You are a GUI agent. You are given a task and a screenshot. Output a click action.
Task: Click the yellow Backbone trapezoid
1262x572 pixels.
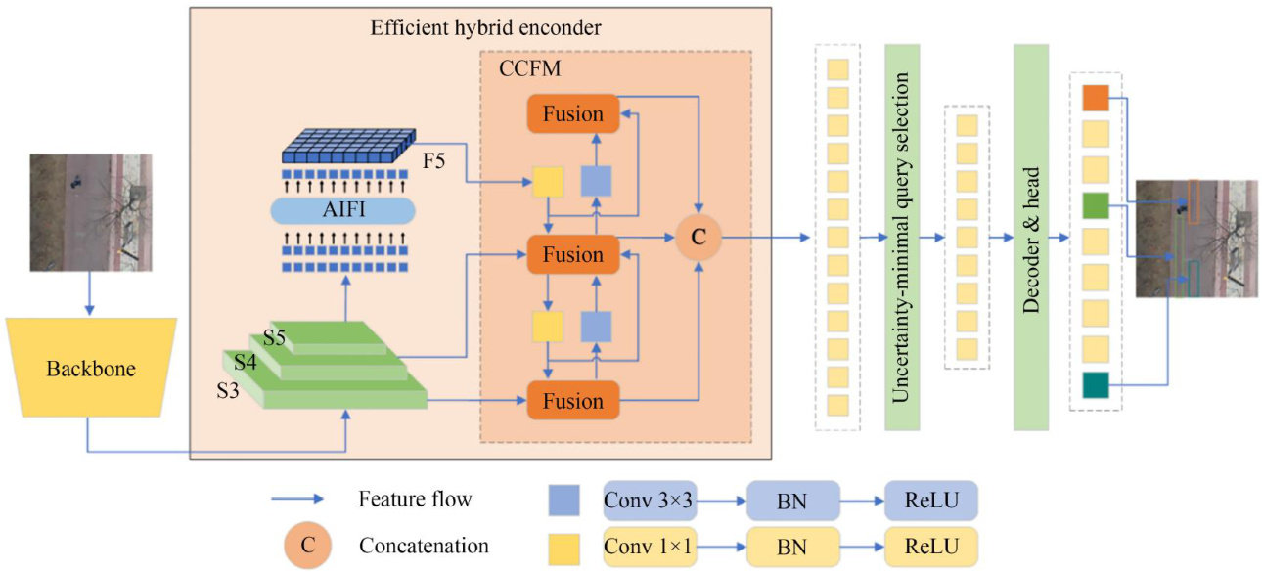pos(90,369)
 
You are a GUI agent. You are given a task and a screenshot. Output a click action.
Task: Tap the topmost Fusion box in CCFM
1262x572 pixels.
pos(573,113)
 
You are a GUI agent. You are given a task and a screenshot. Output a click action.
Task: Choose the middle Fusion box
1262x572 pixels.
pos(573,254)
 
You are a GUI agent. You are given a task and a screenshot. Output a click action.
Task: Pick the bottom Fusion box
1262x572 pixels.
pos(573,401)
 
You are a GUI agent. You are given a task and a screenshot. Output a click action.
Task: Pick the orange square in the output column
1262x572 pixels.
pos(1096,97)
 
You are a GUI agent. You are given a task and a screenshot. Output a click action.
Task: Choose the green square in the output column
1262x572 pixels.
pos(1096,205)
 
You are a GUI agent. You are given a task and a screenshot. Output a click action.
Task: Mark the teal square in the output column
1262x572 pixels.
pos(1096,385)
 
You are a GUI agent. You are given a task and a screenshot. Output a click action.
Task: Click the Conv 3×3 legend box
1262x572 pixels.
pos(650,500)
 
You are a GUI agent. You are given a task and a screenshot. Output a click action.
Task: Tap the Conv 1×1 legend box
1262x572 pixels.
pos(650,544)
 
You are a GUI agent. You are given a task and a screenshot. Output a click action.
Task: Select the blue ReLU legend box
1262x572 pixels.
pos(930,500)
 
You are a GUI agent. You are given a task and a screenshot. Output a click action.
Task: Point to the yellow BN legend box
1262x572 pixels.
pos(792,544)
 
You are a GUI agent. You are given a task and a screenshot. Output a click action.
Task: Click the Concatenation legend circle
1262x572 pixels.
pos(307,545)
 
